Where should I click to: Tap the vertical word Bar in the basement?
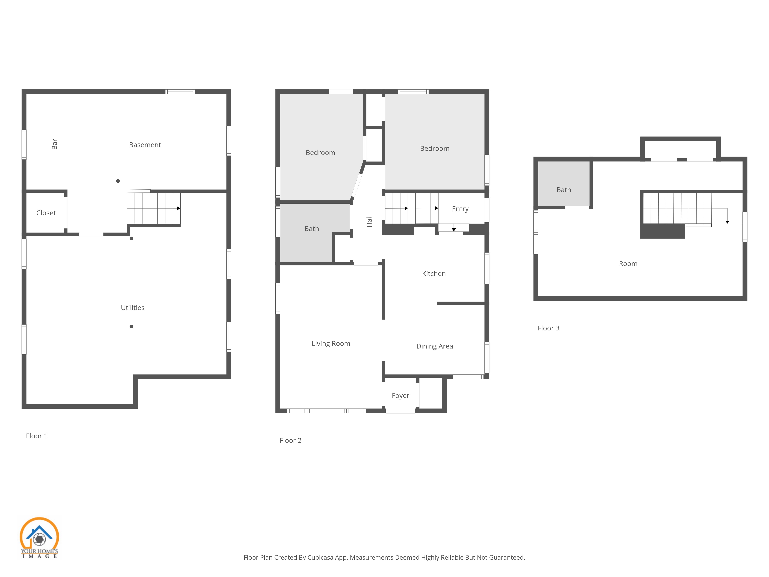click(x=55, y=144)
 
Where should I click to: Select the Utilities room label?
click(x=132, y=308)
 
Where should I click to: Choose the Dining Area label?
click(x=434, y=346)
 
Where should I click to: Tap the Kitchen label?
click(x=434, y=274)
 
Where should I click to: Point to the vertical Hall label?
click(x=369, y=221)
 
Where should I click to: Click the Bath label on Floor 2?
click(x=311, y=228)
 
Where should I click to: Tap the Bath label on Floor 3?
click(x=563, y=190)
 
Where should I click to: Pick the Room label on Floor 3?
click(x=628, y=264)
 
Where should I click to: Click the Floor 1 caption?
click(x=37, y=436)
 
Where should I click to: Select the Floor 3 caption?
click(x=548, y=328)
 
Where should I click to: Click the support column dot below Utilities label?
click(x=131, y=326)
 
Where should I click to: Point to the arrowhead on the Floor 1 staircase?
click(x=179, y=208)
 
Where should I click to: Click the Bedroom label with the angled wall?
click(x=320, y=153)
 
